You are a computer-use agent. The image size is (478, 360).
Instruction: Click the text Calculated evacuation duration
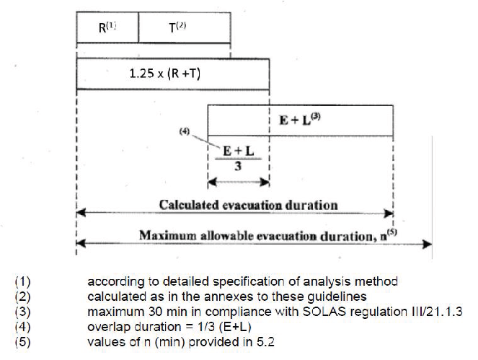tap(248, 205)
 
